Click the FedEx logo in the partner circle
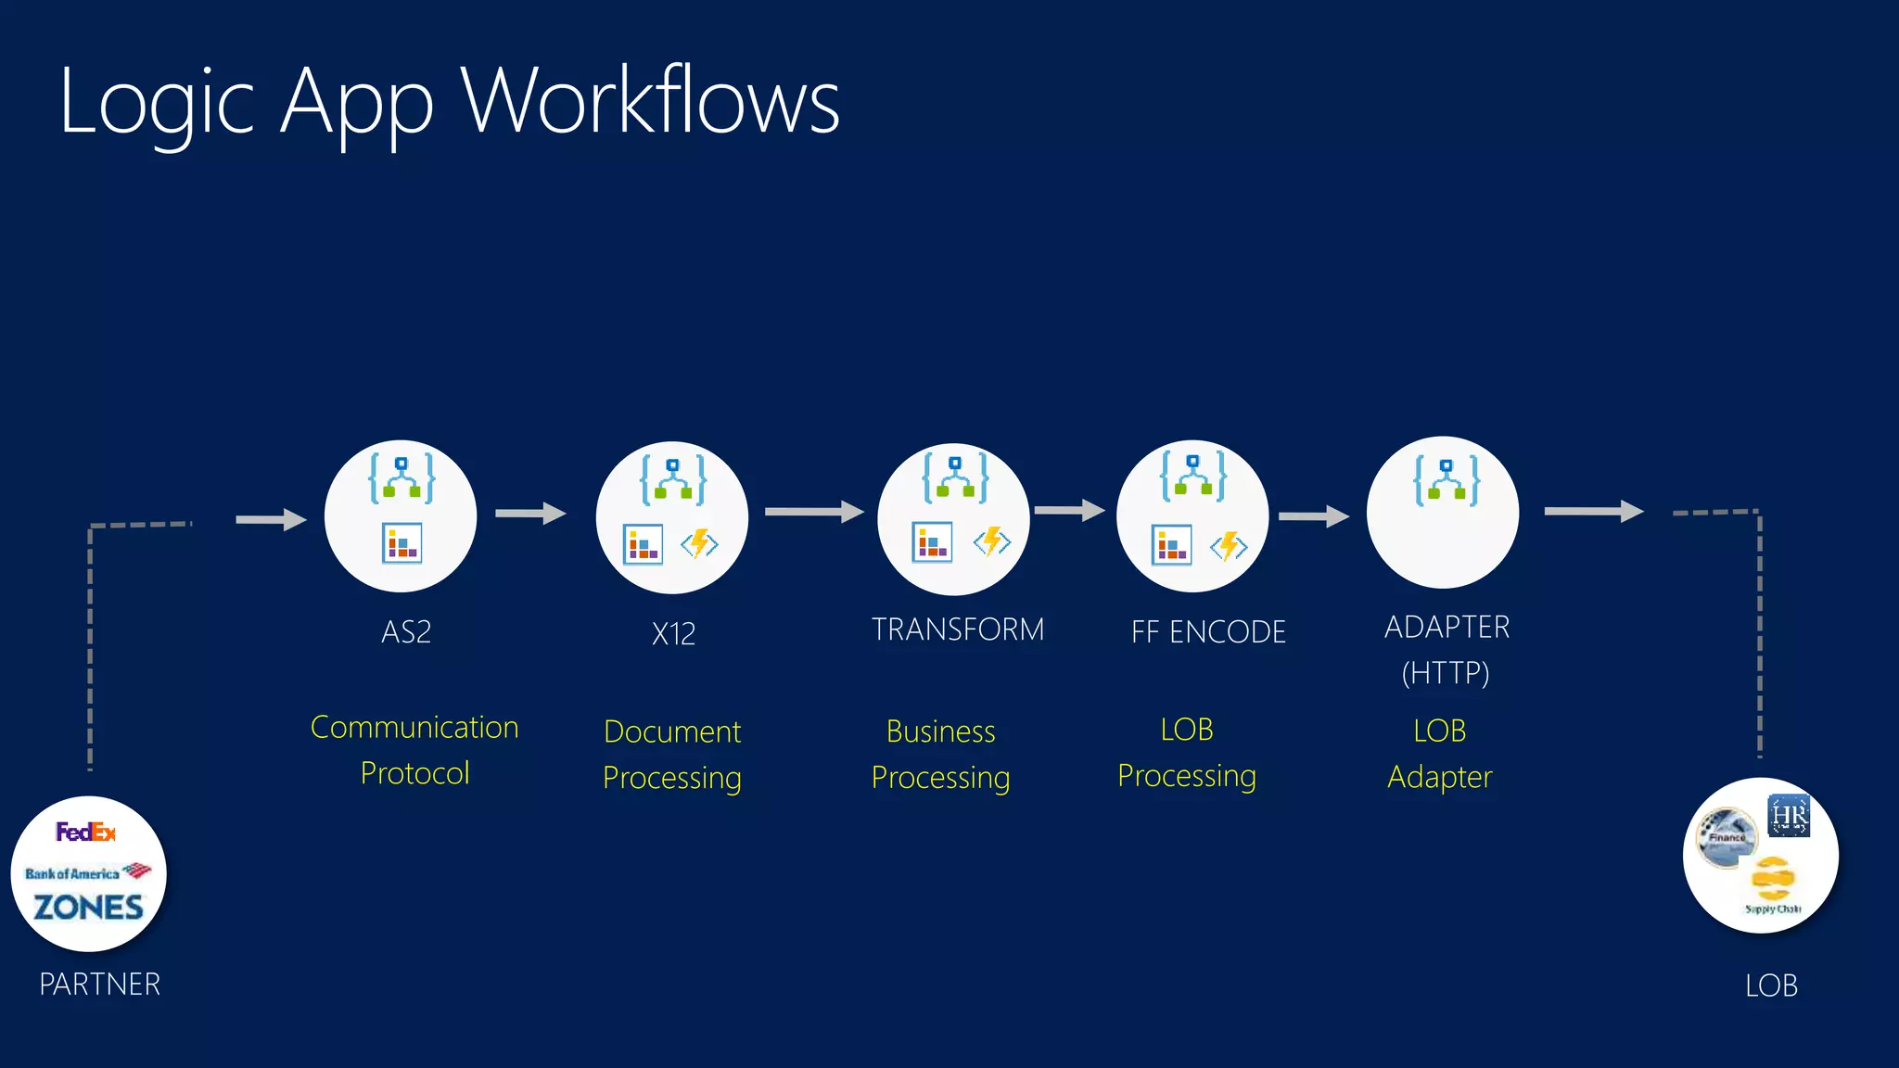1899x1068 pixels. (85, 832)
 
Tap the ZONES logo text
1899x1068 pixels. (88, 907)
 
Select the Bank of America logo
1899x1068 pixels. (87, 872)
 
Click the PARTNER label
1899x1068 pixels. (99, 984)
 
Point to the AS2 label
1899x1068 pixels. (406, 632)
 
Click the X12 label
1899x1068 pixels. (673, 634)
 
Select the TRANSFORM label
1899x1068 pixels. (957, 629)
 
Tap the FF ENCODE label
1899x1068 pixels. (1207, 632)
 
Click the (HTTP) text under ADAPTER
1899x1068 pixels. (1445, 673)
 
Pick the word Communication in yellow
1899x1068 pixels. (414, 728)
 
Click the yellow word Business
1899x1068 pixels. (940, 731)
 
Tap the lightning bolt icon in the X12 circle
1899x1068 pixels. (699, 543)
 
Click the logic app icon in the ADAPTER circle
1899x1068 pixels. (1446, 480)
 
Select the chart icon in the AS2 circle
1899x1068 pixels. (401, 542)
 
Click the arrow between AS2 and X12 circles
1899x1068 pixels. (530, 513)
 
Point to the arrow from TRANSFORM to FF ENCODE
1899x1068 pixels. (1069, 510)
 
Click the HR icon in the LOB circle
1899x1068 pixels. (1788, 815)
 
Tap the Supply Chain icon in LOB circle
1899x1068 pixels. (1772, 885)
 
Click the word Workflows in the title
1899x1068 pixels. (650, 101)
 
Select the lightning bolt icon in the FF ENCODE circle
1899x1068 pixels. (1229, 546)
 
